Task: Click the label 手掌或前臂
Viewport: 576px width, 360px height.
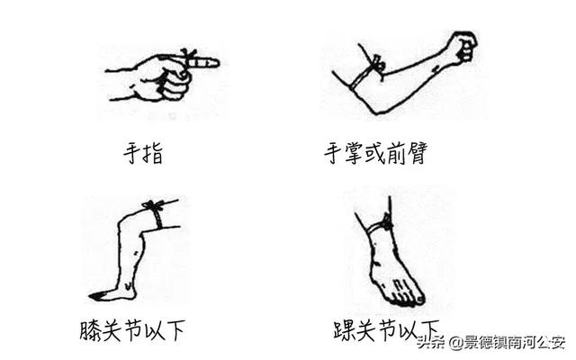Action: pyautogui.click(x=373, y=154)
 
